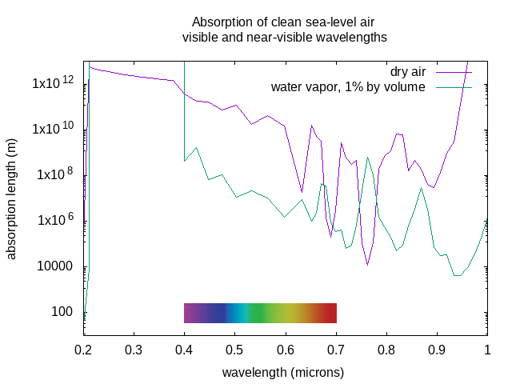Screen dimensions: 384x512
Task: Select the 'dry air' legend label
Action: coord(408,72)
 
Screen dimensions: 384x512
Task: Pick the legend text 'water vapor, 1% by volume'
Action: coord(348,86)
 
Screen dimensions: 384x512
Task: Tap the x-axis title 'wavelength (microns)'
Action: coord(283,373)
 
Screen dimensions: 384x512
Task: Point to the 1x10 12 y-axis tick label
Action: coord(53,82)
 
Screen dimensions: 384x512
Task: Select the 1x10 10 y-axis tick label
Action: coord(53,128)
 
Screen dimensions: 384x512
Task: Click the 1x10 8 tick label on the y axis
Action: coord(53,174)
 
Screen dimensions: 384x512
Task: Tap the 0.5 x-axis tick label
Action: coord(234,350)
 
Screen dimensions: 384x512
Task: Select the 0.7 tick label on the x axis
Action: coord(336,350)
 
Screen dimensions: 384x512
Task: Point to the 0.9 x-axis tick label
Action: coord(437,350)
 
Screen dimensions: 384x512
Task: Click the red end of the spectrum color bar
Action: coord(331,313)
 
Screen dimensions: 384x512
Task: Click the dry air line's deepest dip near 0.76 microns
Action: coord(367,265)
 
